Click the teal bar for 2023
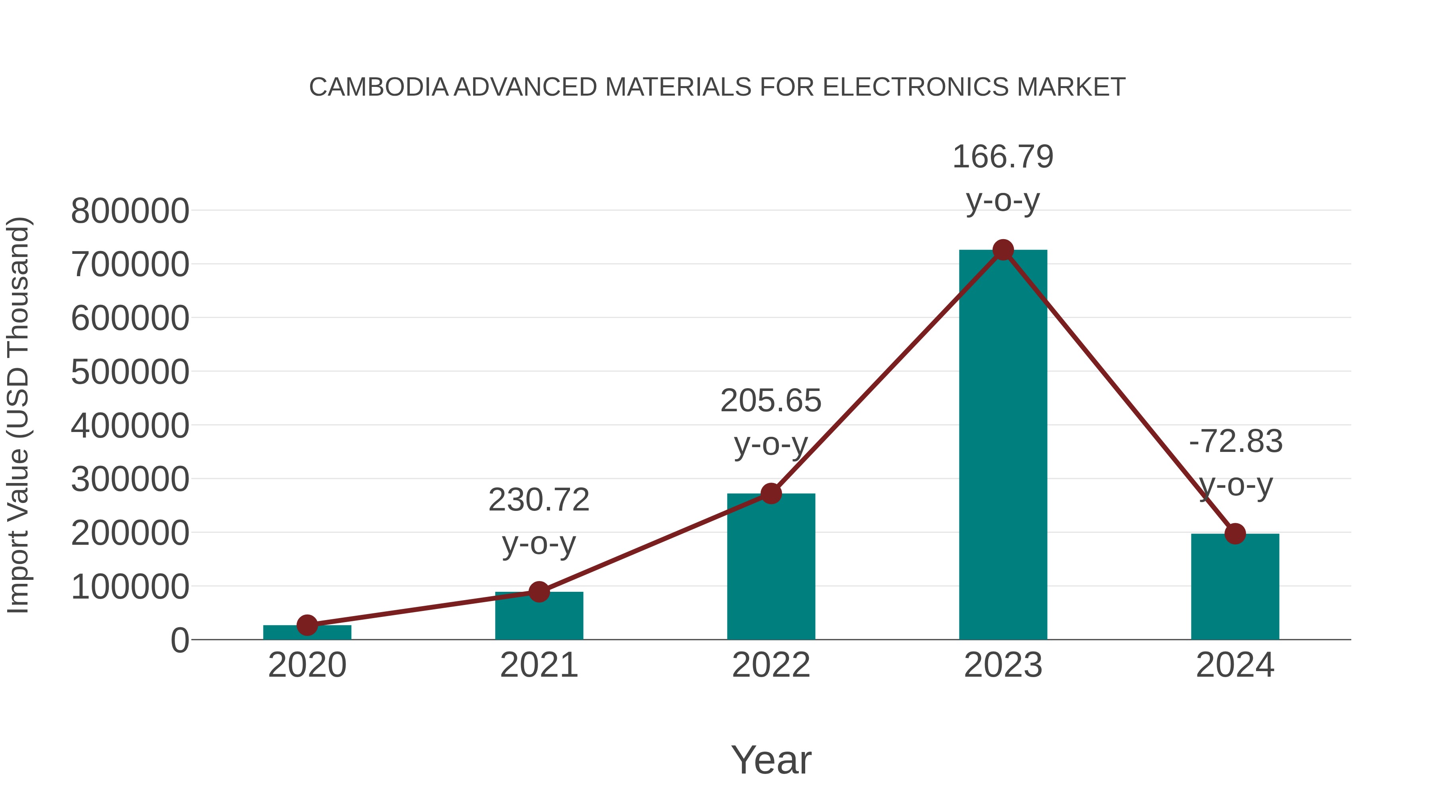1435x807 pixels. pos(1003,446)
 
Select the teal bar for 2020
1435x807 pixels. pos(307,633)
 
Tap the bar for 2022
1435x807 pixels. pos(771,568)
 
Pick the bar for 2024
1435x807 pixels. pos(1235,587)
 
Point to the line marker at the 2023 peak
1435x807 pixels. pos(1003,250)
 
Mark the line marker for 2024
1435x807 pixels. pos(1235,534)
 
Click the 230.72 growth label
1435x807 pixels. pos(539,500)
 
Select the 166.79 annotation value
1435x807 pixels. pos(1003,157)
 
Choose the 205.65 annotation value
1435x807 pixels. pos(771,401)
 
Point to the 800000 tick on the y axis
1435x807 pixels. pos(130,212)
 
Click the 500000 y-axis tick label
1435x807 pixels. pos(130,372)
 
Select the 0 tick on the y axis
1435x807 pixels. pos(180,640)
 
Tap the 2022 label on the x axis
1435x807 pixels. pos(771,666)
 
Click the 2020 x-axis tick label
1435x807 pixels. pos(307,666)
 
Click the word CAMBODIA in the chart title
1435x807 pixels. pos(379,87)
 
